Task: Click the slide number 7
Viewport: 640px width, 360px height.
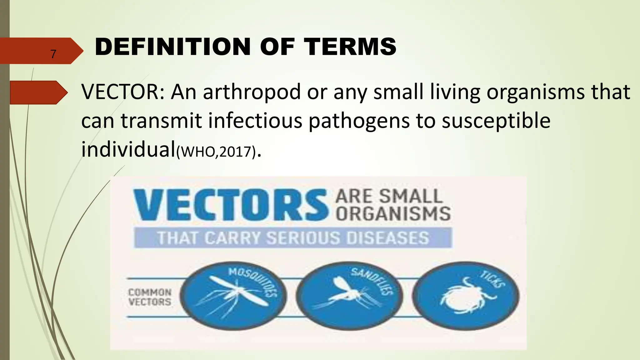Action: tap(53, 54)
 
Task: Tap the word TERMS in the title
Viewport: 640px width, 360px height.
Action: tap(350, 47)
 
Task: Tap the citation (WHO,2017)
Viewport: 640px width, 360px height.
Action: tap(216, 152)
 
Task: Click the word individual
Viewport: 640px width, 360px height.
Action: tap(128, 149)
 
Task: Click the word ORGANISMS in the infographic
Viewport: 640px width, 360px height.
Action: tap(393, 214)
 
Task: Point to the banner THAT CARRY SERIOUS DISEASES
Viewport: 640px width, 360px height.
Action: tap(293, 238)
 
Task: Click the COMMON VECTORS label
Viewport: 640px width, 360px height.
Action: tap(150, 297)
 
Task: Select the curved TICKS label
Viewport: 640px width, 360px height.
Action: tap(493, 279)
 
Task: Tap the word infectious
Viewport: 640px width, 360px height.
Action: tap(255, 121)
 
